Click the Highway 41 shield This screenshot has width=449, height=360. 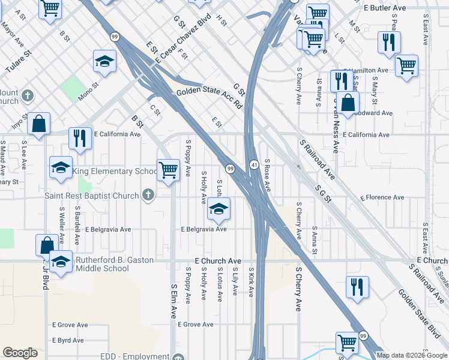pyautogui.click(x=255, y=164)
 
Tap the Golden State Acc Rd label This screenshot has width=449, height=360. pyautogui.click(x=209, y=97)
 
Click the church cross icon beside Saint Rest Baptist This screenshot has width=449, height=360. pyautogui.click(x=148, y=195)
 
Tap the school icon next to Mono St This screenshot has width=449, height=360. pyautogui.click(x=104, y=62)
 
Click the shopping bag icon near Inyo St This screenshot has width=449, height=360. pyautogui.click(x=38, y=125)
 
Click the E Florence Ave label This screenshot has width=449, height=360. pyautogui.click(x=382, y=197)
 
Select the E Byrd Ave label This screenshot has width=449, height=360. pyautogui.click(x=68, y=340)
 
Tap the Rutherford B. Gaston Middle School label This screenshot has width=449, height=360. pyautogui.click(x=114, y=264)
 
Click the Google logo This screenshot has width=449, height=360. pyautogui.click(x=20, y=353)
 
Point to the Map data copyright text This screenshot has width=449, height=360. pyautogui.click(x=412, y=355)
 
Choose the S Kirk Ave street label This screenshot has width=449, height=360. pyautogui.click(x=252, y=282)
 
